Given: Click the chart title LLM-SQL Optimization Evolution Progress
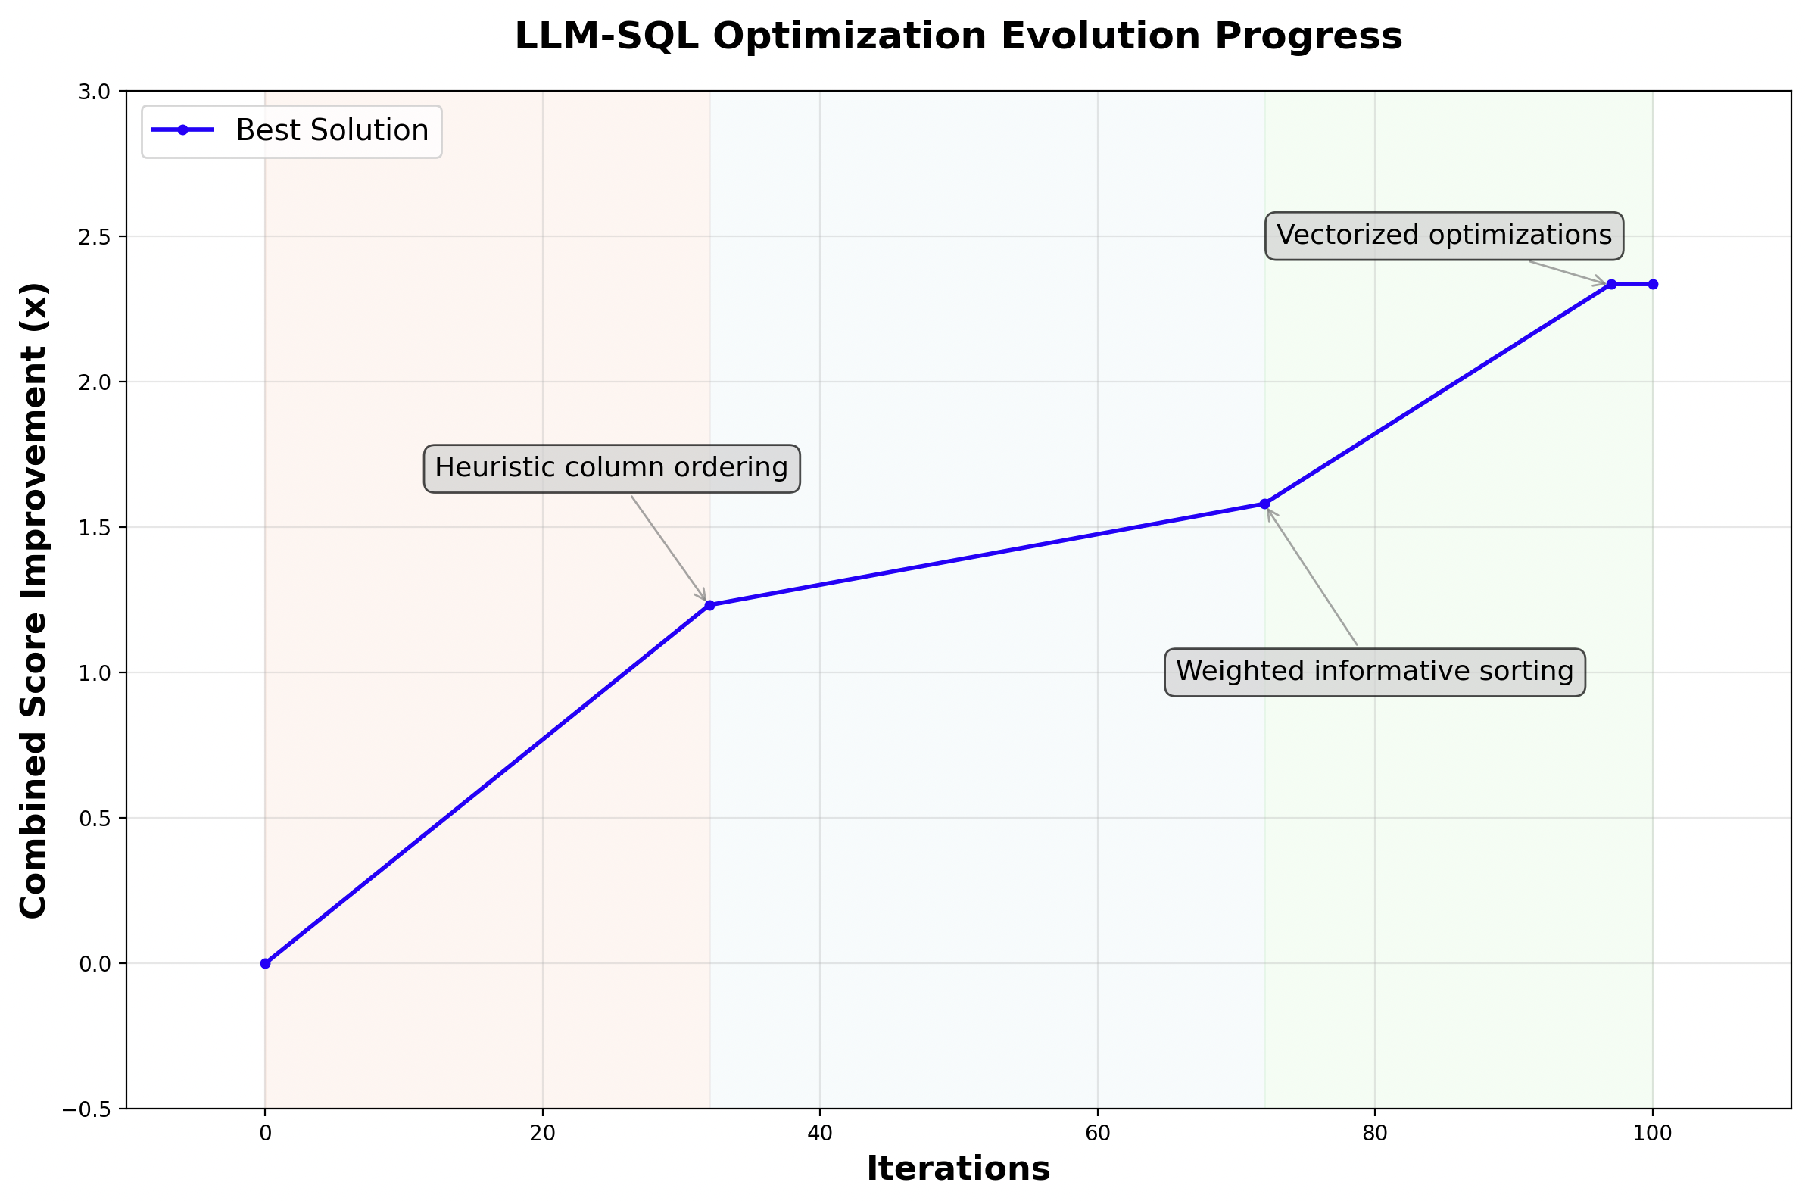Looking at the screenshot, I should click(x=957, y=36).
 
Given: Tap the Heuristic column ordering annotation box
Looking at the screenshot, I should click(x=611, y=468).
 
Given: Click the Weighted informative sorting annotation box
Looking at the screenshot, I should click(x=1374, y=672).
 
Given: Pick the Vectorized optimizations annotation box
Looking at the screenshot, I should click(x=1443, y=236).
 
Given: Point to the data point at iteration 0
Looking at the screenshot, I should click(x=265, y=963).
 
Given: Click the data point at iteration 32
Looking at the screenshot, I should click(x=709, y=605).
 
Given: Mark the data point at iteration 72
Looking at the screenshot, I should click(x=1264, y=504).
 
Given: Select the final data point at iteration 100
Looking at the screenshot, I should click(x=1653, y=284).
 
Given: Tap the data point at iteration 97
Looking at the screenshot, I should click(x=1611, y=284).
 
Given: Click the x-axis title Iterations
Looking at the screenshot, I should click(x=957, y=1169).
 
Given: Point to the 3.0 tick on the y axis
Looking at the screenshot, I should click(x=95, y=92).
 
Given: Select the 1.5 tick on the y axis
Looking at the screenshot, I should click(x=95, y=528).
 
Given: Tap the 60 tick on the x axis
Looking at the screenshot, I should click(x=1097, y=1134).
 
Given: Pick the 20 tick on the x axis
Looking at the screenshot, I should click(x=542, y=1134).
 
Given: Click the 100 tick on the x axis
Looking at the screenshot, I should click(x=1652, y=1134).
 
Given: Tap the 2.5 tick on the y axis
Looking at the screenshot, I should click(x=95, y=237).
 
